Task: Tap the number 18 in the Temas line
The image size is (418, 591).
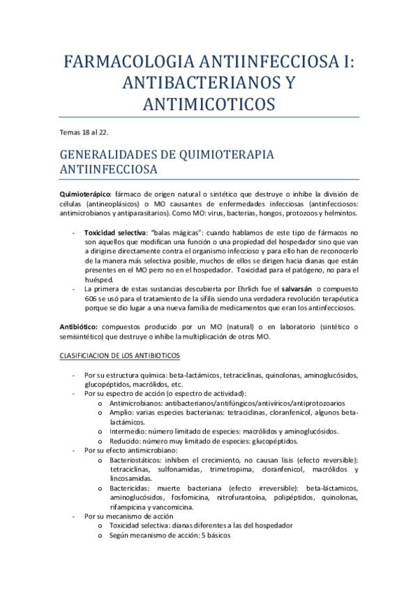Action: click(x=96, y=131)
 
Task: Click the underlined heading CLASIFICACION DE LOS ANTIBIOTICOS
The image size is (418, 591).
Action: click(x=121, y=355)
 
